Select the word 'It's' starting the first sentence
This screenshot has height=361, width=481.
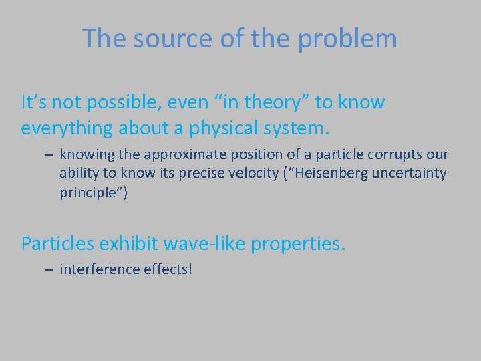click(33, 102)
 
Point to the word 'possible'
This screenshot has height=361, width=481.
click(134, 102)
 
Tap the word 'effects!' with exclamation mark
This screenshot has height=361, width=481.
click(166, 270)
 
